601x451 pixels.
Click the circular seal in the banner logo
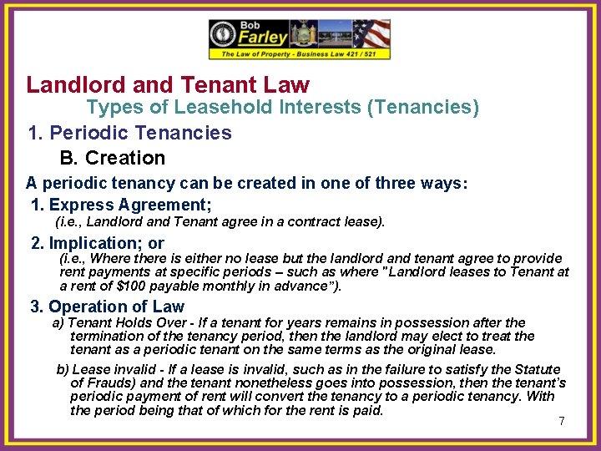pyautogui.click(x=225, y=34)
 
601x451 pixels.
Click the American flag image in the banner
pyautogui.click(x=371, y=34)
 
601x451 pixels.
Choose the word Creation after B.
pyautogui.click(x=126, y=158)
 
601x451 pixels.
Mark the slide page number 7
pyautogui.click(x=562, y=421)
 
